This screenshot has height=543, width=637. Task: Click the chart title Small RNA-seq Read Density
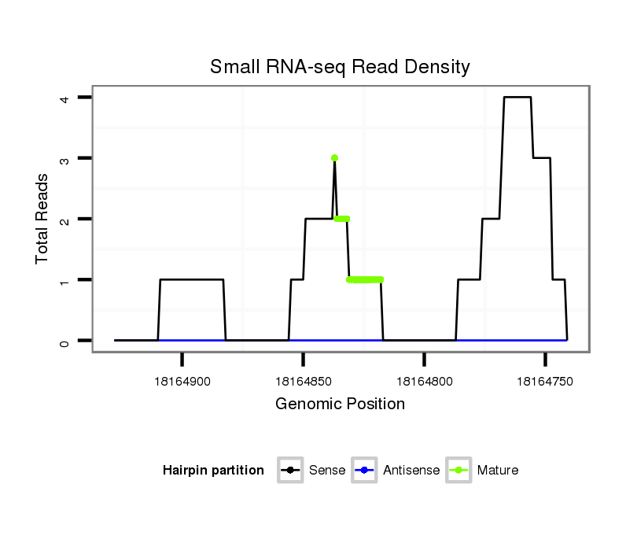340,67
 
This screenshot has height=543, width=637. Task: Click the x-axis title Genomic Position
340,404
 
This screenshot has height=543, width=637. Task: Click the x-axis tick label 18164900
182,382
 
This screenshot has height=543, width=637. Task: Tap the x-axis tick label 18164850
304,382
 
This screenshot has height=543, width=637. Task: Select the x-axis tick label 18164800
425,382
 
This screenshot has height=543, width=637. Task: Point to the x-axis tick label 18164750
545,382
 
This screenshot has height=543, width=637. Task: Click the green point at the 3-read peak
335,158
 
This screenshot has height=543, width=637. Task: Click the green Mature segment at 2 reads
342,219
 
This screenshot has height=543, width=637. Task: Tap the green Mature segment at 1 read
365,279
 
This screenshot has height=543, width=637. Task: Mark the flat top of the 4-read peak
517,98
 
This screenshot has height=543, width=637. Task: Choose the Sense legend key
291,471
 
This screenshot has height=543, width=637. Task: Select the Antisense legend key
365,471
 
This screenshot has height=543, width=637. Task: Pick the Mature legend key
458,471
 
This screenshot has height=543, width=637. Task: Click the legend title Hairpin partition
213,471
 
